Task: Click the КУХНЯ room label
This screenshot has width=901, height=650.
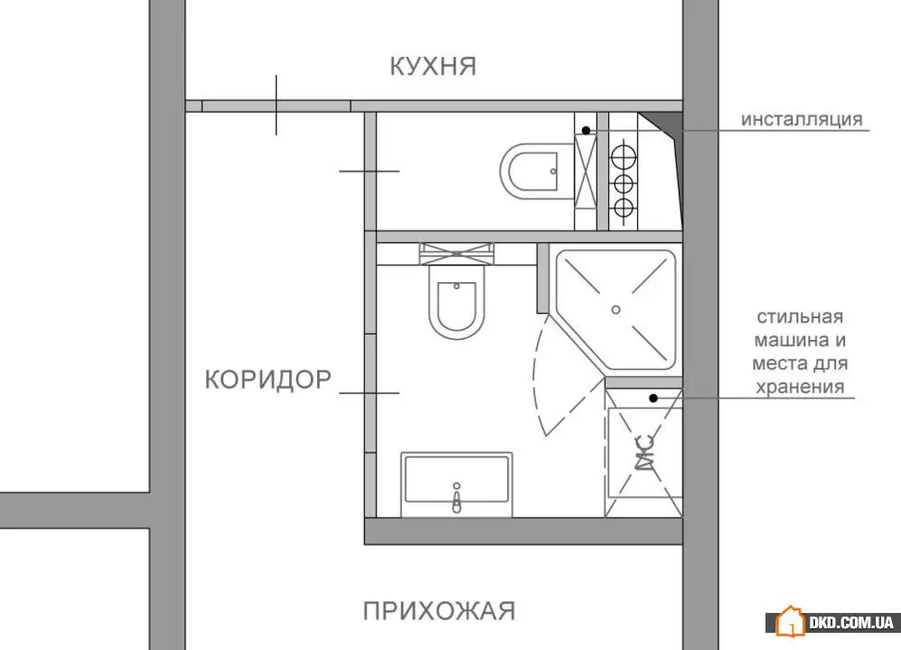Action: coord(433,66)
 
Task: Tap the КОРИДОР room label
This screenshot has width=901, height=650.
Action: coord(268,380)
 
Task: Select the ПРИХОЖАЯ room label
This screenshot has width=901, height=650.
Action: coord(439,611)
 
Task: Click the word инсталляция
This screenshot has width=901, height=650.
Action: coord(802,119)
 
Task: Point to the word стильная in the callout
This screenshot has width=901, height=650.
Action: coord(800,316)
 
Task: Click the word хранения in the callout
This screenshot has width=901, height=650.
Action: coord(800,386)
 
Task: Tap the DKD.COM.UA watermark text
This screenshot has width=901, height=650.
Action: coord(851,622)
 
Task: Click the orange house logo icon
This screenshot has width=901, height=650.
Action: coord(790,621)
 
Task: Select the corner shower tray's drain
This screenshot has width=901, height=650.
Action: coord(616,310)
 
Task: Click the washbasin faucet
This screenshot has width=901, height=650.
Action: coord(456,498)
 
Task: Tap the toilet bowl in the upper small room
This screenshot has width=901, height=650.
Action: coord(530,171)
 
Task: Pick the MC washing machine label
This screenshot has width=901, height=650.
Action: coord(645,453)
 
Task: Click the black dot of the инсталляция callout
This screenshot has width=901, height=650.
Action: coord(587,130)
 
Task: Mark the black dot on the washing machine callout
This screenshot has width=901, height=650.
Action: coord(653,398)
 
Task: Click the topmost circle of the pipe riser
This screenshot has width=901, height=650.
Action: coord(624,155)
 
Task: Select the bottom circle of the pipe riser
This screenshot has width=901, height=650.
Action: coord(624,207)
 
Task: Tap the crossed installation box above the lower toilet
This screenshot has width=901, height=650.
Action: coord(456,254)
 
